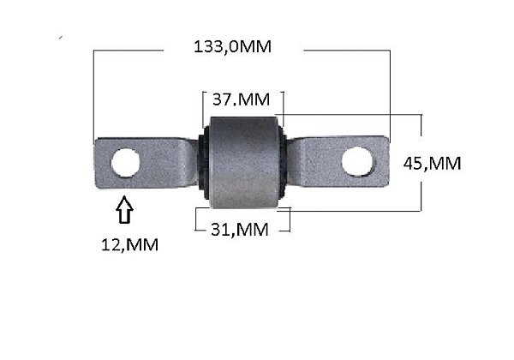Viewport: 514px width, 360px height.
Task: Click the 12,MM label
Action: click(x=128, y=245)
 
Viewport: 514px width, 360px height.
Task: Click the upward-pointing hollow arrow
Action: click(x=124, y=209)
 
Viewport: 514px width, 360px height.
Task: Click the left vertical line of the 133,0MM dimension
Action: click(x=94, y=94)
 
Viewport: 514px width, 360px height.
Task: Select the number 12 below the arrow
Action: click(x=108, y=245)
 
